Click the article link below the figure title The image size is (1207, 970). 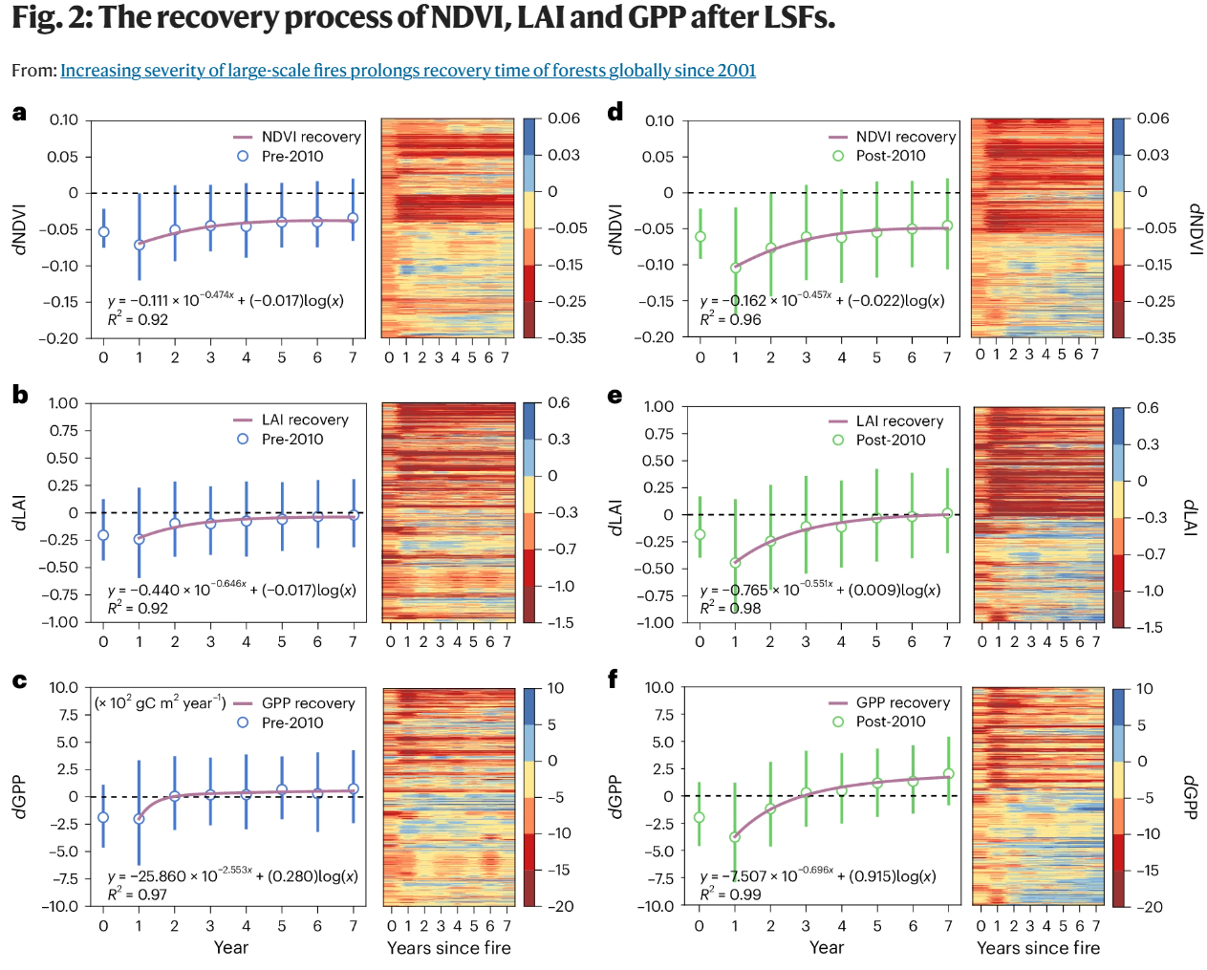408,70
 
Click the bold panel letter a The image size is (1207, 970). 19,113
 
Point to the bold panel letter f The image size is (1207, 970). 614,679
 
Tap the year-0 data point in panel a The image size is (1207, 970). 104,231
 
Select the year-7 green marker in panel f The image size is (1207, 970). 948,774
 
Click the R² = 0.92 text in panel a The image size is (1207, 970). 138,319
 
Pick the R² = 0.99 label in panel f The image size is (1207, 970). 731,895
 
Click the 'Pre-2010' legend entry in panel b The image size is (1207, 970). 292,439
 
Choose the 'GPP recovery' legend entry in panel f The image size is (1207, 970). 903,702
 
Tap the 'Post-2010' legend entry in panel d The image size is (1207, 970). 891,156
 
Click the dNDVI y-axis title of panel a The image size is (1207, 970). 19,229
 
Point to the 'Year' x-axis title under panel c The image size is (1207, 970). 230,947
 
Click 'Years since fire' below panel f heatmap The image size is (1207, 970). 1038,948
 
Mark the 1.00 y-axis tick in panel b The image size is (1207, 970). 64,403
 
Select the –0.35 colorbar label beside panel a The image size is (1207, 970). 566,337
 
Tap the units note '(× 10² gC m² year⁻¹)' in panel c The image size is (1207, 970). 160,702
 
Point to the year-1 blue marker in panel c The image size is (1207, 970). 140,819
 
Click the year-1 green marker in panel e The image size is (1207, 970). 735,563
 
